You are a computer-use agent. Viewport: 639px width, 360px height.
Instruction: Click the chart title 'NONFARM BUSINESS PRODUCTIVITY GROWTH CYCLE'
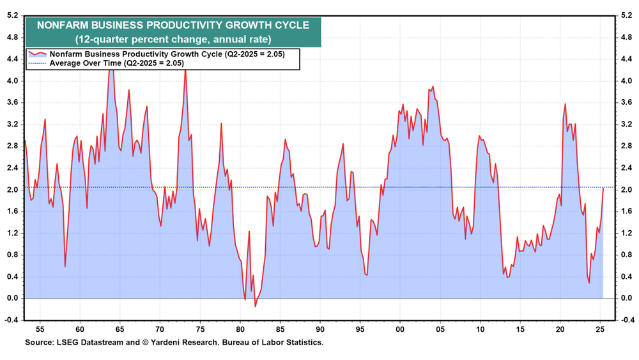point(173,26)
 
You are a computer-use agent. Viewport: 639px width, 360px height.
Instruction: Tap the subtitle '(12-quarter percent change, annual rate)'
point(173,39)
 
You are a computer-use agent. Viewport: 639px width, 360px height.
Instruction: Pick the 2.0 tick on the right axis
point(626,190)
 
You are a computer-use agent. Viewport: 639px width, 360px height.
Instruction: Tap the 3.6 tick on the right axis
point(626,103)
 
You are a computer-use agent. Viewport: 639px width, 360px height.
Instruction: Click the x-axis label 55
point(39,330)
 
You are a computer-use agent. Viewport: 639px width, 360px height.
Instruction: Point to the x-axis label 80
point(240,330)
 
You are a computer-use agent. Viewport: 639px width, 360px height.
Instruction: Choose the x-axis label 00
point(401,330)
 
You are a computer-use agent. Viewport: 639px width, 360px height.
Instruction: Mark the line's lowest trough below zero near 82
point(255,306)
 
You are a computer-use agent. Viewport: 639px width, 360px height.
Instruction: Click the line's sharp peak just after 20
point(566,104)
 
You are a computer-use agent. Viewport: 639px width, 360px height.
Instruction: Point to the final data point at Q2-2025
point(603,187)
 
